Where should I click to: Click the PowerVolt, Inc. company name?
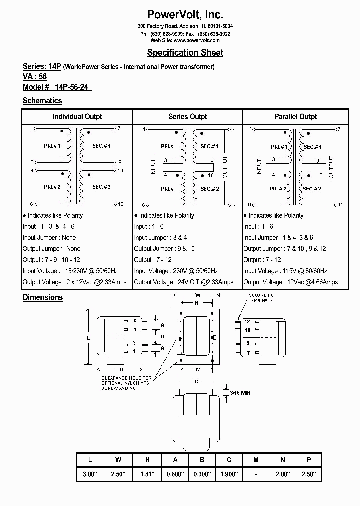pyautogui.click(x=185, y=14)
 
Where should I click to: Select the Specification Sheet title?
pyautogui.click(x=185, y=53)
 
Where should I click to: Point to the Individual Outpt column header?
pyautogui.click(x=77, y=117)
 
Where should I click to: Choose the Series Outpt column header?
pyautogui.click(x=188, y=117)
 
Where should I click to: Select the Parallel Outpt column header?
pyautogui.click(x=295, y=117)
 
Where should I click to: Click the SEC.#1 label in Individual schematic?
pyautogui.click(x=101, y=146)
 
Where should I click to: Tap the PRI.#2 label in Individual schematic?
pyautogui.click(x=51, y=187)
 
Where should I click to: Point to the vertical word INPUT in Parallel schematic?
pyautogui.click(x=259, y=167)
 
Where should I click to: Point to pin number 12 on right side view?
pyautogui.click(x=247, y=322)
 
